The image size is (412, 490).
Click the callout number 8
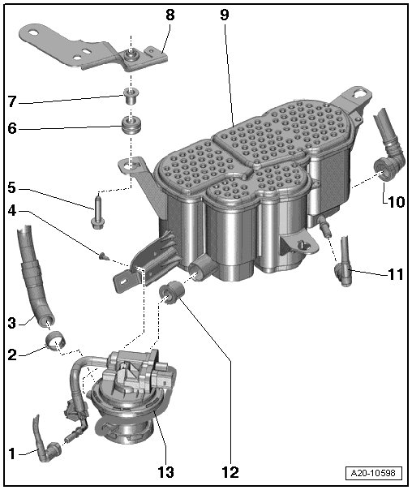(x=170, y=15)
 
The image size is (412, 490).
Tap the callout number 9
(x=225, y=15)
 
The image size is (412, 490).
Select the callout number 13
(x=165, y=472)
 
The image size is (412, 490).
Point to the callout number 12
(x=230, y=472)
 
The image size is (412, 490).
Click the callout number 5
(x=12, y=187)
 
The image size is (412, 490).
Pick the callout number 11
(x=396, y=274)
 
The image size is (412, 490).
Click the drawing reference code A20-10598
(x=373, y=473)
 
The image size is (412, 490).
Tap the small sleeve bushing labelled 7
(x=131, y=96)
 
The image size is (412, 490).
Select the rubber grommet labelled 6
(x=132, y=124)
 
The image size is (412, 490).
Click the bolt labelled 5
(x=98, y=212)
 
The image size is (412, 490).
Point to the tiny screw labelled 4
(x=103, y=256)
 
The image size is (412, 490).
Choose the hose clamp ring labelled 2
(x=56, y=342)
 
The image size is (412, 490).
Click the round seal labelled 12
(x=172, y=293)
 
